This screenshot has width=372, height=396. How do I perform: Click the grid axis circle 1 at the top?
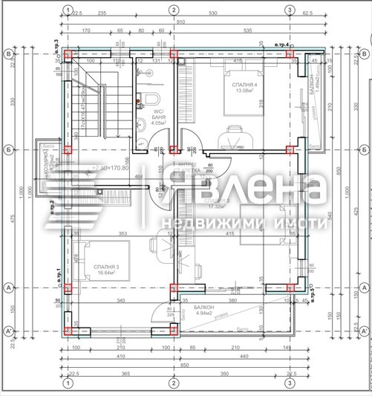[68, 10]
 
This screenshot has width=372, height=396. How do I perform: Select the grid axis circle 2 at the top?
[173, 10]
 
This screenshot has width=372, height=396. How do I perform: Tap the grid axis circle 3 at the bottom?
[290, 383]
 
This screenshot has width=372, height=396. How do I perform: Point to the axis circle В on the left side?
[9, 54]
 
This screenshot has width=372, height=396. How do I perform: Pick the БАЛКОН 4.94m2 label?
[200, 310]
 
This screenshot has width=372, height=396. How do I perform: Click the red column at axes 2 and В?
[174, 55]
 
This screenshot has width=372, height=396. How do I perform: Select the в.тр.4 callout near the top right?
[282, 46]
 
